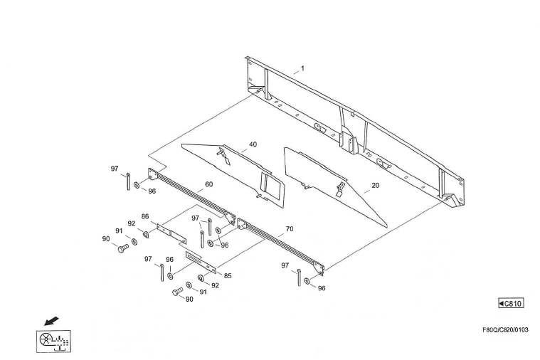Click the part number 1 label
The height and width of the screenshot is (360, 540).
pos(302,68)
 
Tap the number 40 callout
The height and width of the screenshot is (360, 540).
pos(253,144)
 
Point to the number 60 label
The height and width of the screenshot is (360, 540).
pos(208,184)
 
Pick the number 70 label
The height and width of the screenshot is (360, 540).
pos(289,230)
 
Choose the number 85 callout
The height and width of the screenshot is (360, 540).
pos(228,275)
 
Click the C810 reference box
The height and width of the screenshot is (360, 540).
pos(511,304)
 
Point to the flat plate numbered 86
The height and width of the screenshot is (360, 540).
pos(171,233)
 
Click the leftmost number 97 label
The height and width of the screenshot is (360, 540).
pos(114,169)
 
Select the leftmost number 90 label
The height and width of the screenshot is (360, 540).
pos(106,239)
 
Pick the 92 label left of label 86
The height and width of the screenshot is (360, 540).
pos(132,223)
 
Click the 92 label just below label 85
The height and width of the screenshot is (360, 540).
pos(215,285)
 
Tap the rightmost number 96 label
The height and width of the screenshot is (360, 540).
pos(322,288)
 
